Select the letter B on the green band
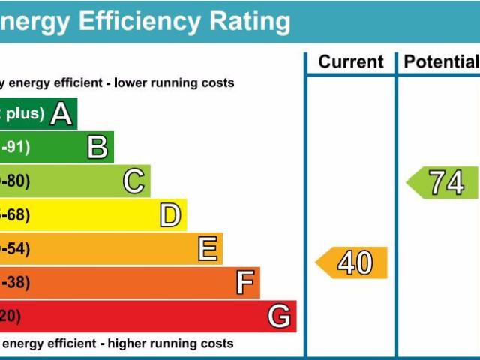[x=97, y=148]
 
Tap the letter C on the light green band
[x=133, y=181]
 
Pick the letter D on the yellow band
[x=170, y=216]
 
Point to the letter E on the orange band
[x=207, y=249]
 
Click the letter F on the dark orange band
[x=244, y=283]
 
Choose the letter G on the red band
[x=279, y=316]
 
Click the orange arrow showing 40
[x=352, y=262]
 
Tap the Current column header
[x=350, y=62]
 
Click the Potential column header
[x=441, y=62]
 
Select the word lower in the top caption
[x=132, y=83]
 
